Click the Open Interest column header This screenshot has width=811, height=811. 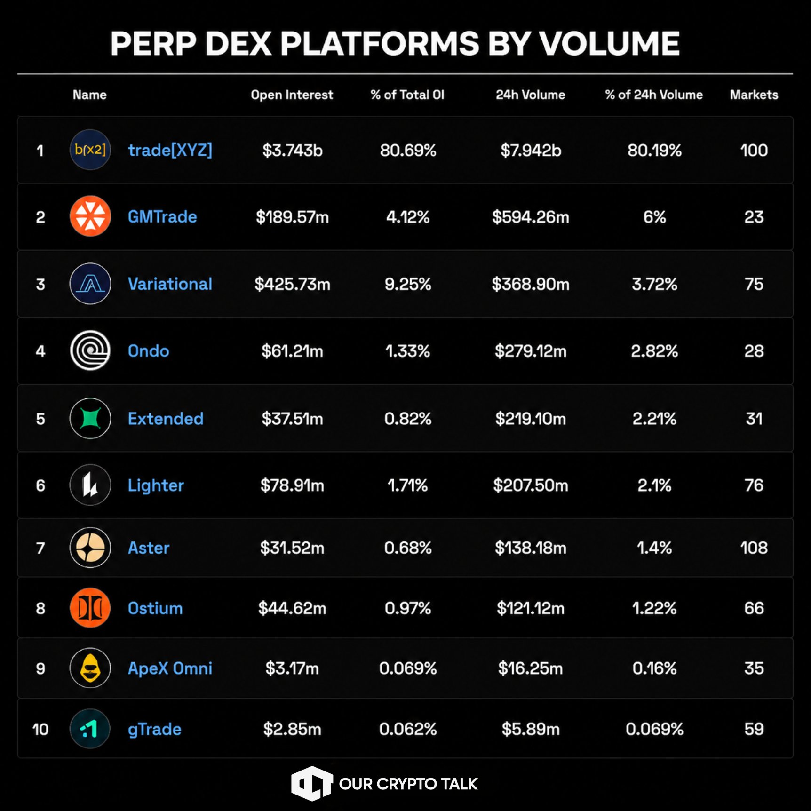(292, 95)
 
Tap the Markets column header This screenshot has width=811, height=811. (754, 95)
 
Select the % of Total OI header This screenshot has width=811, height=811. (407, 95)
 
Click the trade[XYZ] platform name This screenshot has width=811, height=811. (170, 150)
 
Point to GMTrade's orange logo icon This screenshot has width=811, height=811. (90, 216)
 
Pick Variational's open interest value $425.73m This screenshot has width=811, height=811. (292, 284)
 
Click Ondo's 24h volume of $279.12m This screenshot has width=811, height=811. (531, 351)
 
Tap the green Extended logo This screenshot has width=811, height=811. (90, 418)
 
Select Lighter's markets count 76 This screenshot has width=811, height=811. (754, 485)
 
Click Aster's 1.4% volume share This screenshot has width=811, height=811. (654, 548)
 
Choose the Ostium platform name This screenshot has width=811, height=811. (155, 608)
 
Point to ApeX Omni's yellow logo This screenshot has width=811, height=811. (90, 668)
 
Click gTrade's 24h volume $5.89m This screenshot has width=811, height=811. (531, 729)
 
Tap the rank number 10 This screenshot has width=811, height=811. (40, 729)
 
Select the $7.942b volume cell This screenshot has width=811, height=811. (531, 151)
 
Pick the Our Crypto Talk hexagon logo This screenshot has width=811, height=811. (311, 783)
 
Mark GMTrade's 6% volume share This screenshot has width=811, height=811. (654, 217)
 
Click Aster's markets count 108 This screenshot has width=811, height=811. (754, 548)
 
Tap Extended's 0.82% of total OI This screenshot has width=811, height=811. (408, 419)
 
